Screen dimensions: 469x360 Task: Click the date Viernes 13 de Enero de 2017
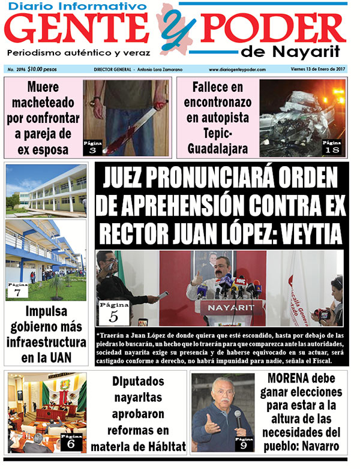click(x=314, y=70)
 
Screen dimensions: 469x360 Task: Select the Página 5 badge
click(x=113, y=312)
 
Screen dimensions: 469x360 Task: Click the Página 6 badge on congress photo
click(x=70, y=443)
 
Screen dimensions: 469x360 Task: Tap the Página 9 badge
click(x=243, y=444)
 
